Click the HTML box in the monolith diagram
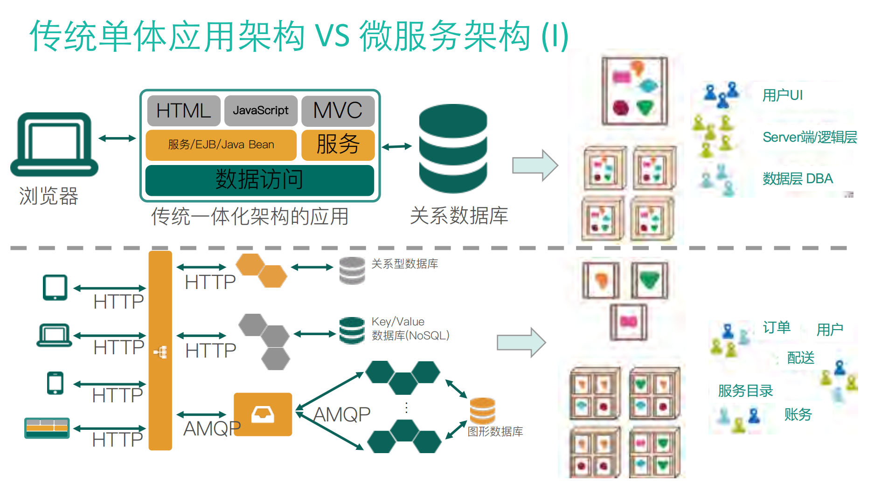click(x=184, y=110)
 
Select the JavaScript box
click(x=261, y=110)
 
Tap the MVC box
click(x=338, y=110)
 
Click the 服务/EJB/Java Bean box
click(x=221, y=145)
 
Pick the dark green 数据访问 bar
click(x=260, y=179)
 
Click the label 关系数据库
click(x=459, y=216)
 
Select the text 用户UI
click(x=782, y=96)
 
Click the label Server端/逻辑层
click(x=810, y=137)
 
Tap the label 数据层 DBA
click(x=798, y=179)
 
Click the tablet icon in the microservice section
click(x=55, y=287)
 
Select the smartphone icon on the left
click(x=55, y=383)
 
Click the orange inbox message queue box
click(x=263, y=414)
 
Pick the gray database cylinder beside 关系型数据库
click(x=352, y=270)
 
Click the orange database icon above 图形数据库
click(x=482, y=411)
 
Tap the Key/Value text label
click(x=398, y=322)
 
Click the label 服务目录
click(x=745, y=391)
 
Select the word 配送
click(x=800, y=358)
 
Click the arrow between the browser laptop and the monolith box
click(x=117, y=138)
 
